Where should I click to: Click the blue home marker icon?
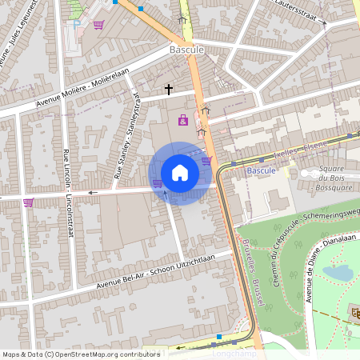click(x=180, y=173)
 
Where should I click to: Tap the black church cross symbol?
click(x=169, y=89)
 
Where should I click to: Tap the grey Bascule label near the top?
click(x=186, y=50)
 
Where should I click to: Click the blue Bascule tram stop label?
click(x=261, y=171)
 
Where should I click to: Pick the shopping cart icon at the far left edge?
click(x=29, y=202)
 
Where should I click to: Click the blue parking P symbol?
click(x=76, y=24)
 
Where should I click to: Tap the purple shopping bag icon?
click(x=183, y=121)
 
